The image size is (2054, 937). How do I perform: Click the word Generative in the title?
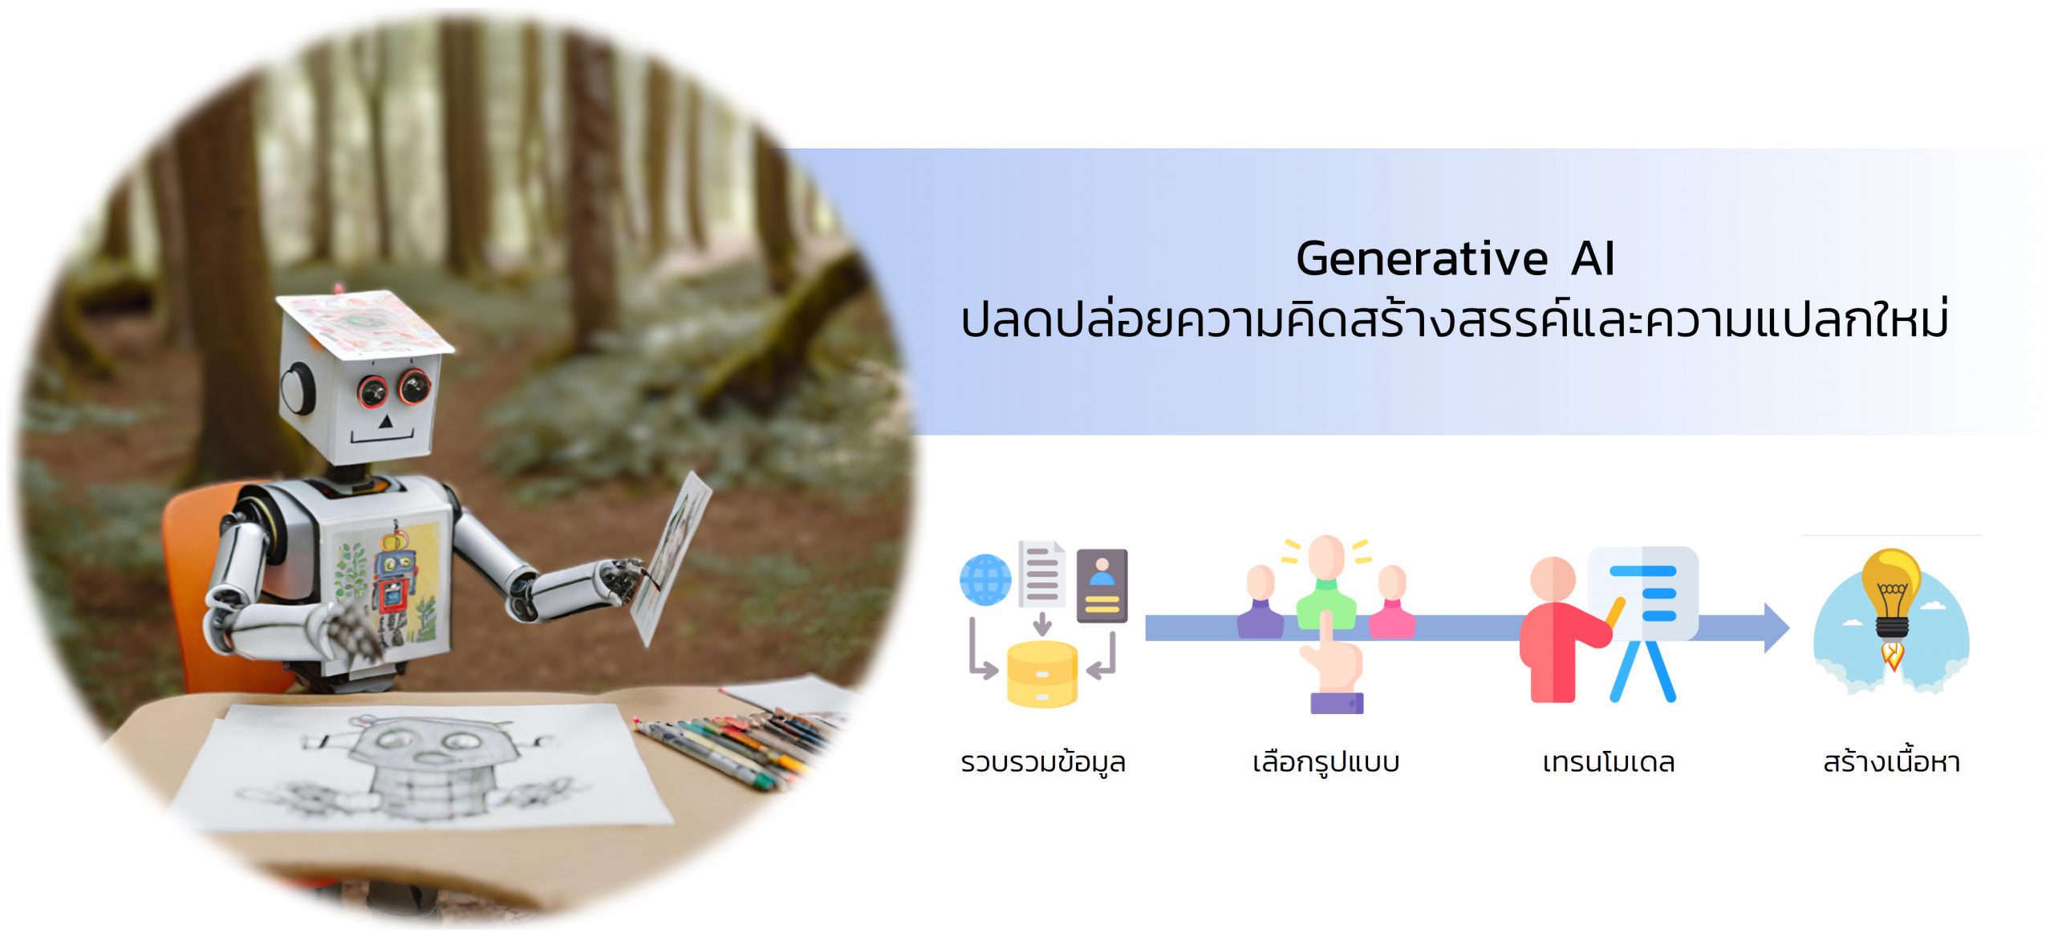point(1422,259)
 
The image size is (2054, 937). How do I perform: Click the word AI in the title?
point(1593,259)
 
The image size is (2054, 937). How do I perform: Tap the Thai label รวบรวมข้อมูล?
point(1043,761)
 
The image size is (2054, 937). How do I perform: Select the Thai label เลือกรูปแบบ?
point(1325,761)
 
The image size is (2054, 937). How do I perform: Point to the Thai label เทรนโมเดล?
point(1608,761)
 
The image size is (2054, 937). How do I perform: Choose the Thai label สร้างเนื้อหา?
point(1891,760)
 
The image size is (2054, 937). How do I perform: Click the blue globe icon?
point(985,579)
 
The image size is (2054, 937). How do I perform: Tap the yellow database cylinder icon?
point(1041,674)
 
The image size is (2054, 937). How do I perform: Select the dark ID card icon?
point(1102,586)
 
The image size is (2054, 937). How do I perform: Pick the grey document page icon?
point(1041,574)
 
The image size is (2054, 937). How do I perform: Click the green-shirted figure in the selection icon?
point(1326,581)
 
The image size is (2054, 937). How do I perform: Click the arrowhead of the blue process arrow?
point(1775,628)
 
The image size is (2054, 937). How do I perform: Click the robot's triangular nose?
point(385,420)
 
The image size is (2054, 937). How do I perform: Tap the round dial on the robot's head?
point(298,388)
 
